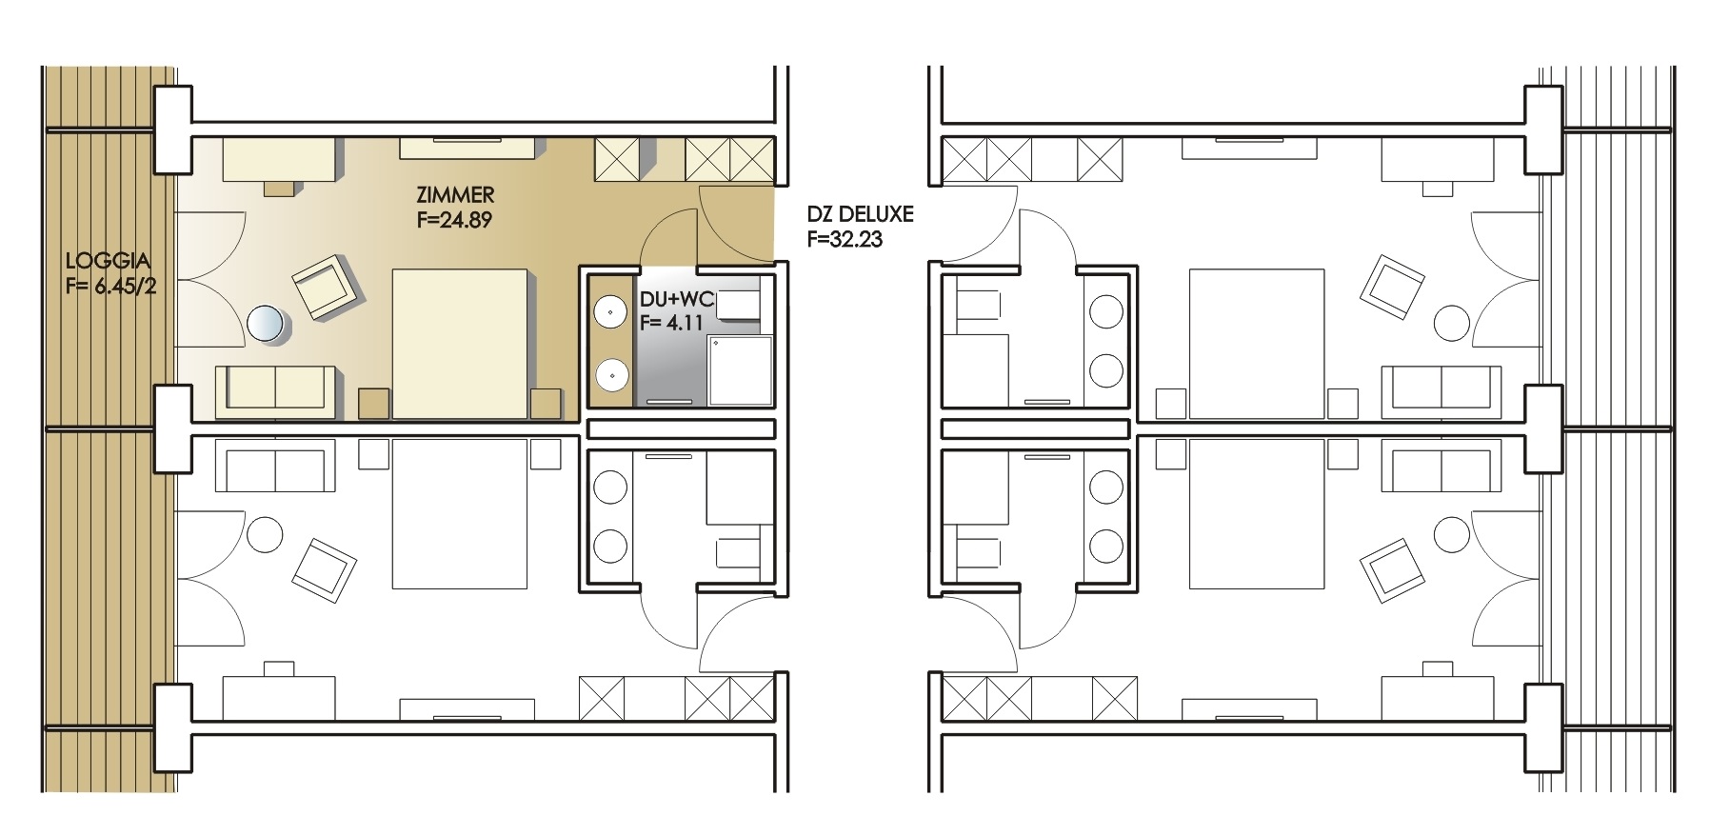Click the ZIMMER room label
point(455,195)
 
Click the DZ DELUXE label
point(860,214)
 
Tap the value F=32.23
point(845,240)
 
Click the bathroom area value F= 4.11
point(671,323)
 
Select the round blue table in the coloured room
point(266,324)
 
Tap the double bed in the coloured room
point(461,344)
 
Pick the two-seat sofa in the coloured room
point(276,390)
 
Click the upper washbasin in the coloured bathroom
point(609,310)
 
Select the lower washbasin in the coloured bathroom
point(609,375)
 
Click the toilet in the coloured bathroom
point(739,305)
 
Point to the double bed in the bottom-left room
point(460,514)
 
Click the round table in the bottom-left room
point(265,534)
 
